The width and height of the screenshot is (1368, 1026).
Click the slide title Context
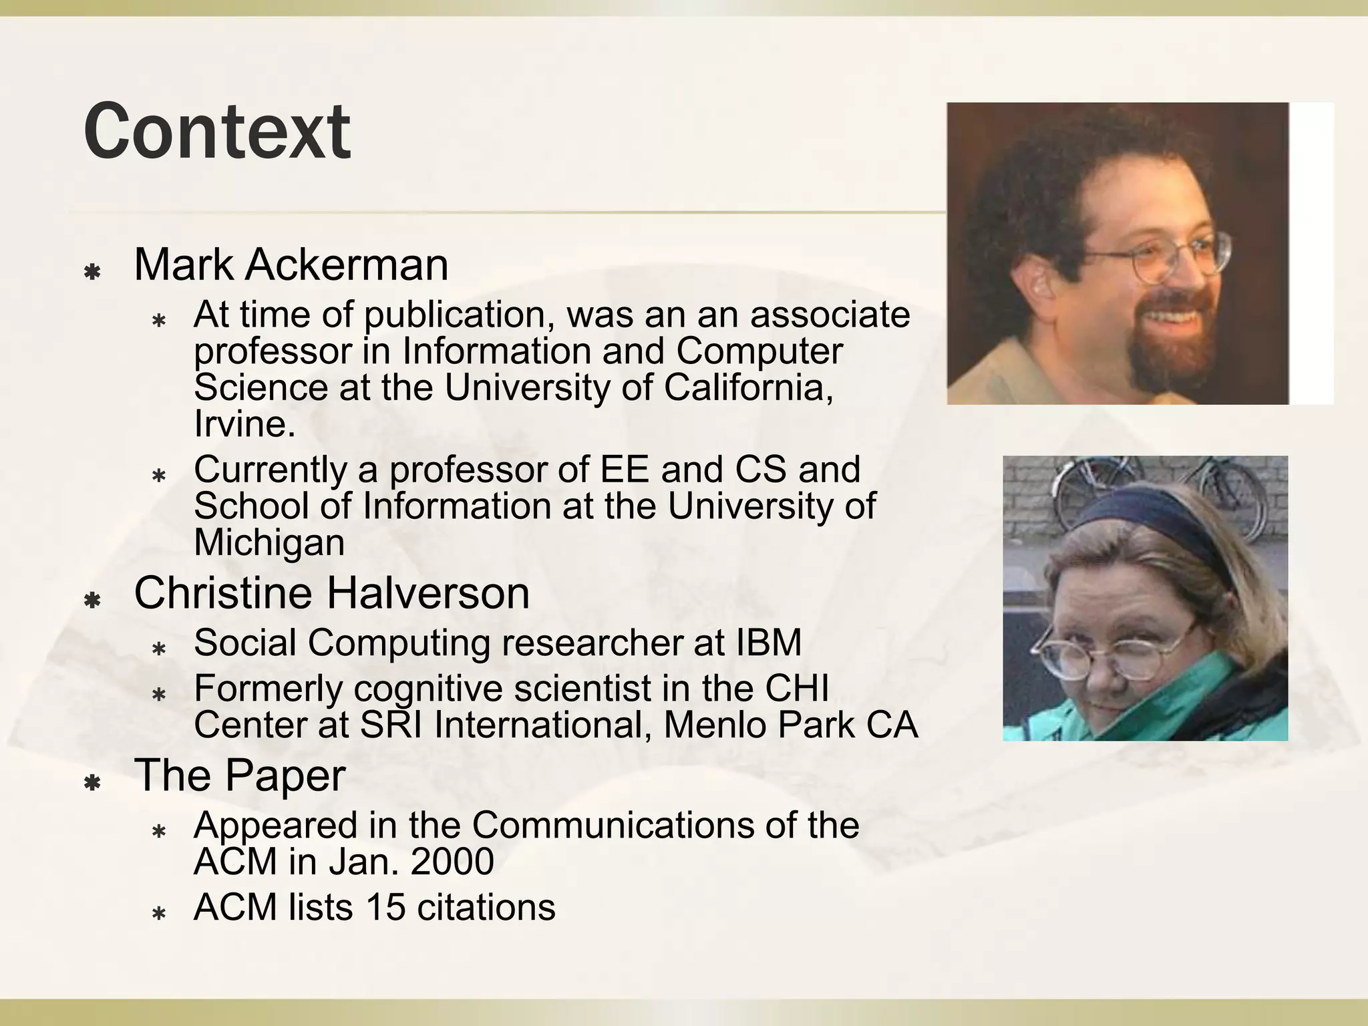(217, 132)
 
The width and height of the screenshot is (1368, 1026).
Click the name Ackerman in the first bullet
(347, 265)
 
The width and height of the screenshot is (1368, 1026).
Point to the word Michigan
(269, 542)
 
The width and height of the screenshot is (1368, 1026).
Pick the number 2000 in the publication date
(452, 861)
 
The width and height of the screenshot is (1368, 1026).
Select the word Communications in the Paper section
(613, 825)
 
